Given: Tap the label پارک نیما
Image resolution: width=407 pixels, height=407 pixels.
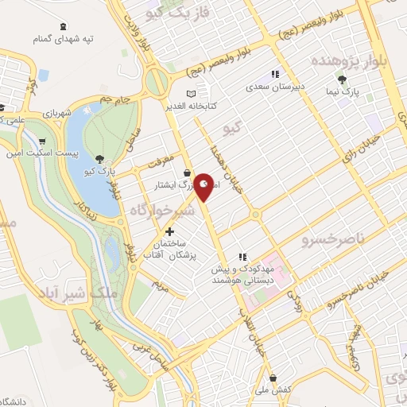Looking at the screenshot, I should tap(341, 93).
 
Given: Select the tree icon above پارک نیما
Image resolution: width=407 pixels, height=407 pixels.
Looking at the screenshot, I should tap(342, 79).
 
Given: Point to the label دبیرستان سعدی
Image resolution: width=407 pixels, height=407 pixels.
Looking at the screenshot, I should tap(275, 87).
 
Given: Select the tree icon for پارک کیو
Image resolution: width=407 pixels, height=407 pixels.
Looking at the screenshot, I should tap(99, 158).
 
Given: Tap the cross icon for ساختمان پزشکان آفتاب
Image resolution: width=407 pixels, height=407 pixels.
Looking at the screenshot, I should tap(169, 231).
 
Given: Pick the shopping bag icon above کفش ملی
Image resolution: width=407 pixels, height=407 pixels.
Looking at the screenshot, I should tap(273, 377).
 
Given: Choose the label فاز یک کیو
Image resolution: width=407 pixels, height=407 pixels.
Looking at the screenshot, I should tap(162, 12).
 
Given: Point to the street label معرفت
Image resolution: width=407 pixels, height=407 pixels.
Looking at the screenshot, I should tap(157, 160).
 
